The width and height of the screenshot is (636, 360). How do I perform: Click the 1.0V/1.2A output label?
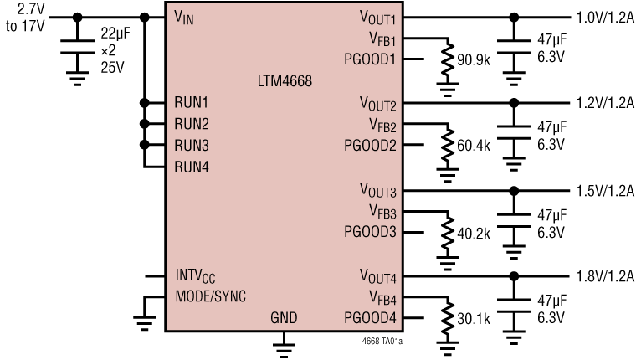point(604,18)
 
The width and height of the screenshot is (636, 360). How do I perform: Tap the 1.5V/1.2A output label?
point(604,190)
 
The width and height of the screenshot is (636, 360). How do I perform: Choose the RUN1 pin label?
point(191,102)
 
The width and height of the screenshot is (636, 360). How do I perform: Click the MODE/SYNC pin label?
point(211,296)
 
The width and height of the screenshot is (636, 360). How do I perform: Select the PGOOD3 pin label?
point(370,231)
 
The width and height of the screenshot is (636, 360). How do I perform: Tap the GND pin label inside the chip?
point(285,319)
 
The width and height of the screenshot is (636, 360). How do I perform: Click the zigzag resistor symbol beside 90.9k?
point(449,58)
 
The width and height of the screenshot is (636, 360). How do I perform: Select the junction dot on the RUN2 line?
point(145,124)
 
